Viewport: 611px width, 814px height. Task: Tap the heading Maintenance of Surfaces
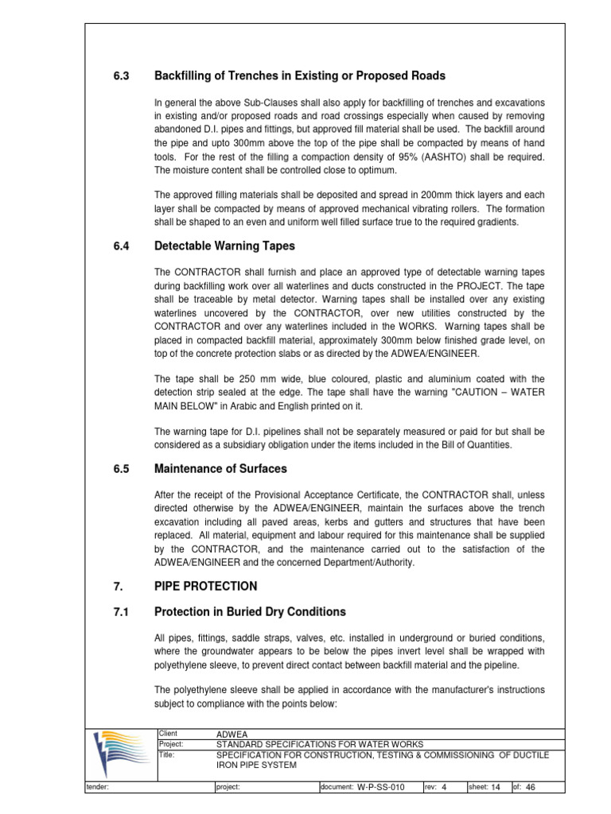click(x=220, y=468)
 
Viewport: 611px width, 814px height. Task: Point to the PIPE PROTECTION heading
click(x=205, y=586)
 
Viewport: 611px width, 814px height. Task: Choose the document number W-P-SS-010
click(x=381, y=788)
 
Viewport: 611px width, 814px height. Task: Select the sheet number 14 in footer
click(x=496, y=788)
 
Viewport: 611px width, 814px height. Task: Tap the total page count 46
click(x=531, y=788)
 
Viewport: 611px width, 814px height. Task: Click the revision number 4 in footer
click(x=444, y=788)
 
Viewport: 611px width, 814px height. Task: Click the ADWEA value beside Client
click(x=232, y=733)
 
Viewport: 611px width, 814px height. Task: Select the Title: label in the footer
click(x=167, y=754)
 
